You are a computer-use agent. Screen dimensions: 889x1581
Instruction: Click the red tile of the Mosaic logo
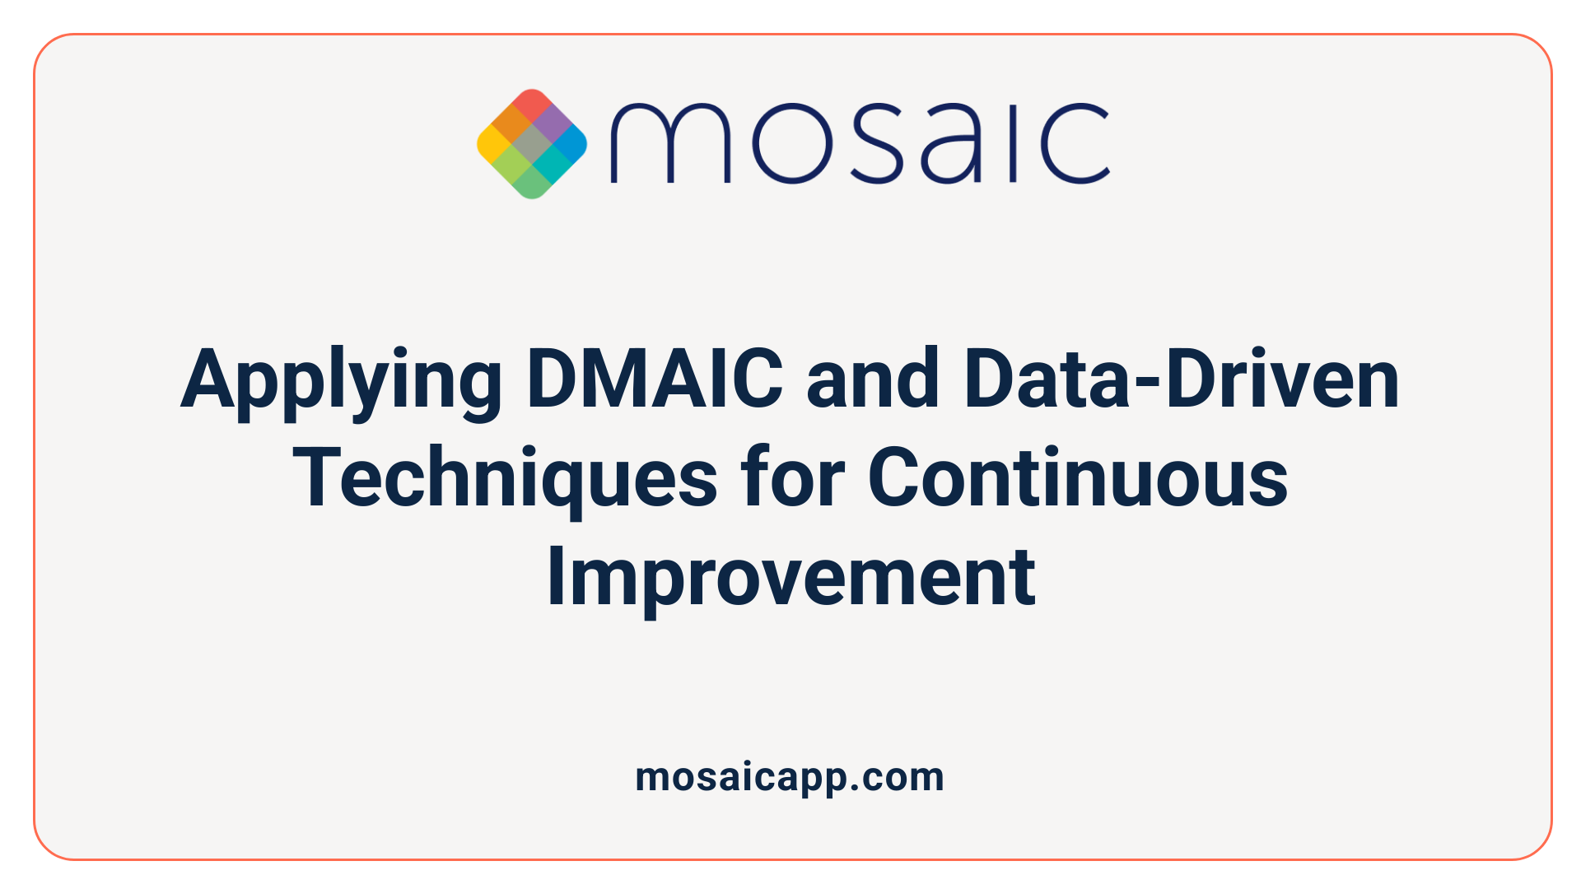532,105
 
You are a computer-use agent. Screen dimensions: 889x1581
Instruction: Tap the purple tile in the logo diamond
552,124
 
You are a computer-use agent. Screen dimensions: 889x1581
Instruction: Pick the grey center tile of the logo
532,144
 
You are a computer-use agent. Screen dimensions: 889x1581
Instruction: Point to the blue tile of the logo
571,144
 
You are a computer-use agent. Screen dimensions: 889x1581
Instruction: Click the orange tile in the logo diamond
512,124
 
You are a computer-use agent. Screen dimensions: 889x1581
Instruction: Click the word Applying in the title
341,381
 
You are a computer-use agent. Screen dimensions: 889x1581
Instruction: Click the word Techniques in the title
505,478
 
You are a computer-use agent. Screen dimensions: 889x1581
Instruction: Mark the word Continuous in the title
1078,477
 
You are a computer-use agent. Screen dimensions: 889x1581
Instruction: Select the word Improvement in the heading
791,577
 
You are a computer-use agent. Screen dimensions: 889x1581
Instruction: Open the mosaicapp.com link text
790,777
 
